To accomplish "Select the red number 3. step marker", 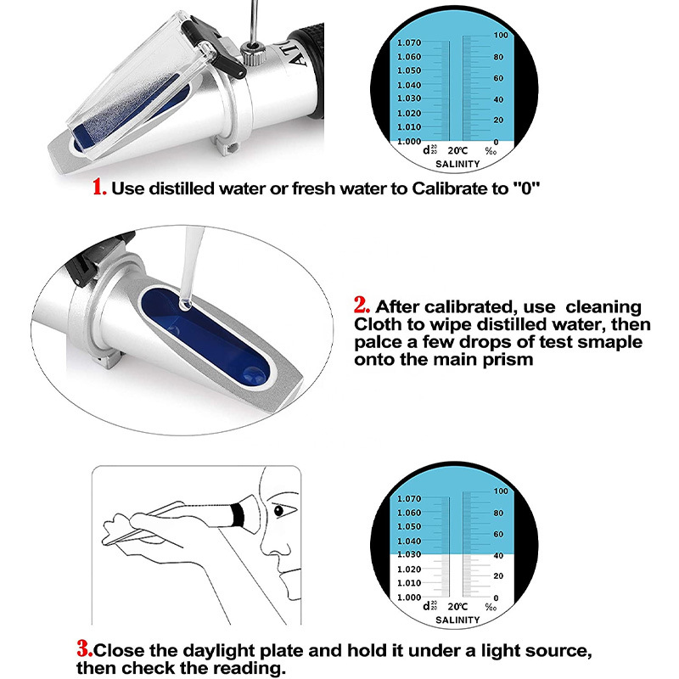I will pyautogui.click(x=84, y=651).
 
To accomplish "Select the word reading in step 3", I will pyautogui.click(x=244, y=669).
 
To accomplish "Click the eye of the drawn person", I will pyautogui.click(x=279, y=512).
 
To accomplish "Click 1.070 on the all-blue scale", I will pyautogui.click(x=408, y=42).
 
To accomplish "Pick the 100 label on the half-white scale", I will pyautogui.click(x=501, y=491).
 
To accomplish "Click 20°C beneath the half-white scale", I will pyautogui.click(x=457, y=607).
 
